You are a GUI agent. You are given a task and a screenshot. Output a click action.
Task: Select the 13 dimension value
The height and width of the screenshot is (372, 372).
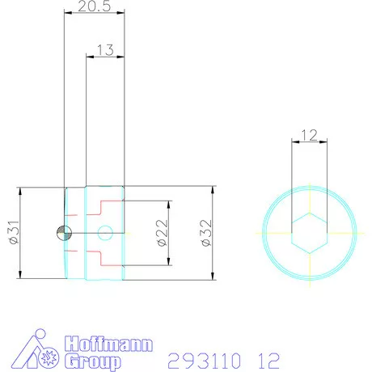coord(105,50)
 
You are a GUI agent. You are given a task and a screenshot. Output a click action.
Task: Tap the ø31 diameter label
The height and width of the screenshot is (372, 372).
coord(12,234)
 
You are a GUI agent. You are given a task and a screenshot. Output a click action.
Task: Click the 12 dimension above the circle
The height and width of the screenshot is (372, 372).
coord(310,137)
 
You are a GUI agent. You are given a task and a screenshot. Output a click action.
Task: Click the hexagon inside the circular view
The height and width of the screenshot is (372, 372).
coord(310,233)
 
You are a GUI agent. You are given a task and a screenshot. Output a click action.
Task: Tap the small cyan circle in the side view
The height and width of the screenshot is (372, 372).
coord(104,234)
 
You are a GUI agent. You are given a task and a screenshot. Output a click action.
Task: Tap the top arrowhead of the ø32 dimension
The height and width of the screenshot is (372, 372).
coord(213,191)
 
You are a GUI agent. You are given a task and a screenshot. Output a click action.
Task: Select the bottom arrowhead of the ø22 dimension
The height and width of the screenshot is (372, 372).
coord(168,262)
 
